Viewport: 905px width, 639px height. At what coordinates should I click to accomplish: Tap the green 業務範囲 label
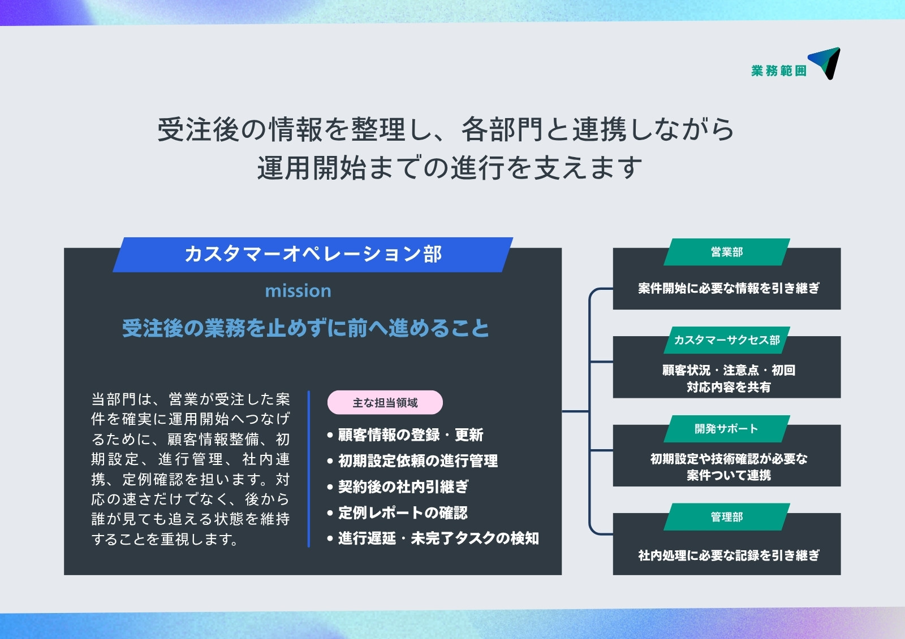pyautogui.click(x=778, y=71)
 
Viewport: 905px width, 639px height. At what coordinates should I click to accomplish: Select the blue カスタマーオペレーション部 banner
pyautogui.click(x=313, y=255)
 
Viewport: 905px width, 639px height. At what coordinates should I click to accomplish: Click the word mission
pyautogui.click(x=298, y=291)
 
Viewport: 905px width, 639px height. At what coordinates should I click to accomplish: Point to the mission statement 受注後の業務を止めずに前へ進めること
pyautogui.click(x=305, y=328)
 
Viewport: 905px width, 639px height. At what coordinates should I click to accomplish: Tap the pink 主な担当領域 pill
pyautogui.click(x=385, y=402)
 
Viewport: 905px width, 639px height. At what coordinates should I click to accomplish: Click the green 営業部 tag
pyautogui.click(x=727, y=252)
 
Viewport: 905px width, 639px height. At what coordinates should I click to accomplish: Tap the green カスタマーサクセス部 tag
pyautogui.click(x=727, y=340)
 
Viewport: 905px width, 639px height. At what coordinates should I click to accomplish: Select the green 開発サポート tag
pyautogui.click(x=727, y=429)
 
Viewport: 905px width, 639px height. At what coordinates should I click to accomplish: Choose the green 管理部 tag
pyautogui.click(x=727, y=517)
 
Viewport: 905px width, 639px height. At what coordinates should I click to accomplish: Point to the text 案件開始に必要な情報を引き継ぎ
pyautogui.click(x=729, y=288)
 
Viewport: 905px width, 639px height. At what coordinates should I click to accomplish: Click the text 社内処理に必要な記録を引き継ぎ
pyautogui.click(x=729, y=555)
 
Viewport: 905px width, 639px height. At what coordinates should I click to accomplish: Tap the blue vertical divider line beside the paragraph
pyautogui.click(x=309, y=468)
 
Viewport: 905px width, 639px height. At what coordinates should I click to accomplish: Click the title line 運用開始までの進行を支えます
pyautogui.click(x=449, y=168)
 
